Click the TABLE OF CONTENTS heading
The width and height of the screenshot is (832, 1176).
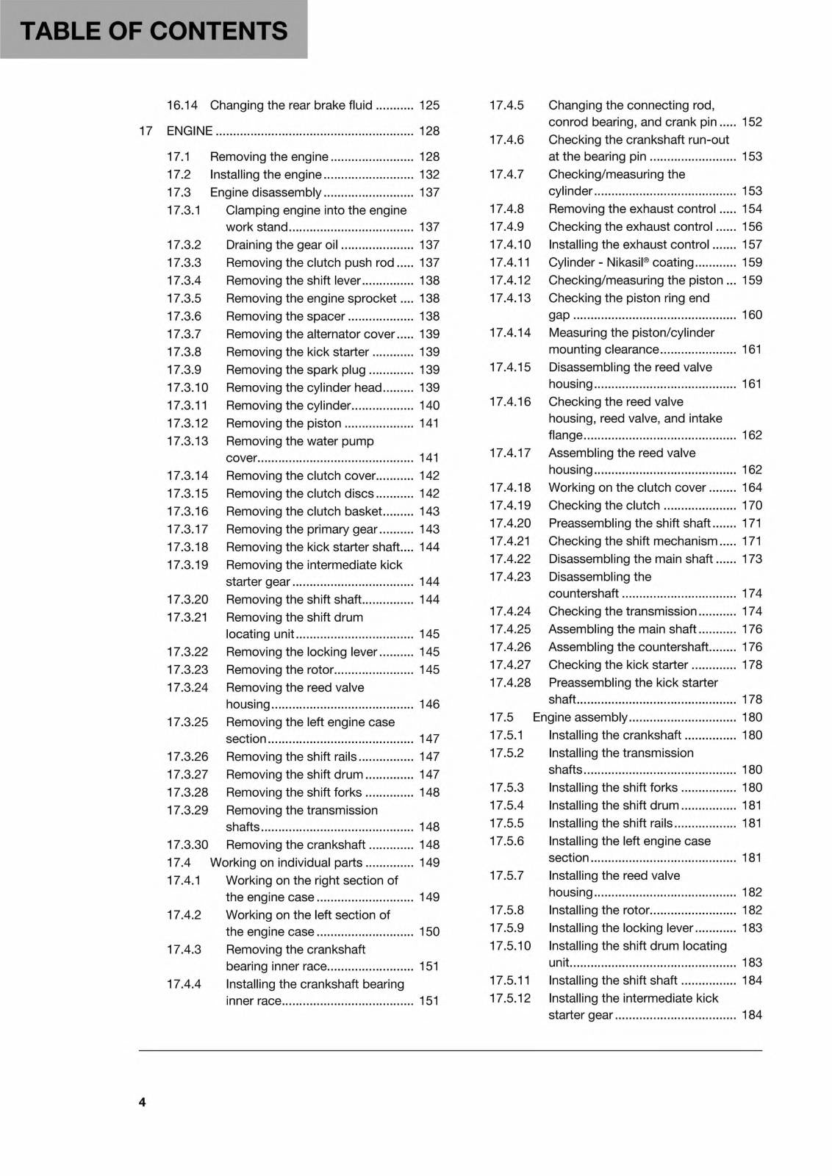[154, 31]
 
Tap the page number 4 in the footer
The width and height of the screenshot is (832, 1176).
[142, 1102]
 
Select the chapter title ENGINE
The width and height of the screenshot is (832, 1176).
[190, 131]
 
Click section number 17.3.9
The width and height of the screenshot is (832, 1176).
[184, 370]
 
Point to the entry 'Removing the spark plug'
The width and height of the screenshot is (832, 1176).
[295, 370]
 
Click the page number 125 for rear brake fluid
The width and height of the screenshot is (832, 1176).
[429, 105]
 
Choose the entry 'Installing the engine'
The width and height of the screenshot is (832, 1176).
[265, 174]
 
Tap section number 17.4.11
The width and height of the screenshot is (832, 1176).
[510, 262]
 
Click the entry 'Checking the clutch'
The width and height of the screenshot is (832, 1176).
[604, 505]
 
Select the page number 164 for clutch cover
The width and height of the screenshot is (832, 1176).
[752, 487]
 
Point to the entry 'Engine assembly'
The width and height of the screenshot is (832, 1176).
[580, 717]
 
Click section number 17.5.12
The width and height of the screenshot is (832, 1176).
[510, 998]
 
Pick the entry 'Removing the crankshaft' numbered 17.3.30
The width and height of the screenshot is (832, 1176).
[295, 845]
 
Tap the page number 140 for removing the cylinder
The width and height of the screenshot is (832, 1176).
[429, 405]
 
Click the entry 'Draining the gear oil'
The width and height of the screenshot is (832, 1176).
[281, 245]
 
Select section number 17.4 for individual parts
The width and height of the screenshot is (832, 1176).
[179, 862]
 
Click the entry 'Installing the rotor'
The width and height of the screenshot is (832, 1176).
[599, 910]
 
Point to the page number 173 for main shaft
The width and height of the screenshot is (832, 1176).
[752, 559]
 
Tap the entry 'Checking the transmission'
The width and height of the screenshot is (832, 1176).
[623, 611]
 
